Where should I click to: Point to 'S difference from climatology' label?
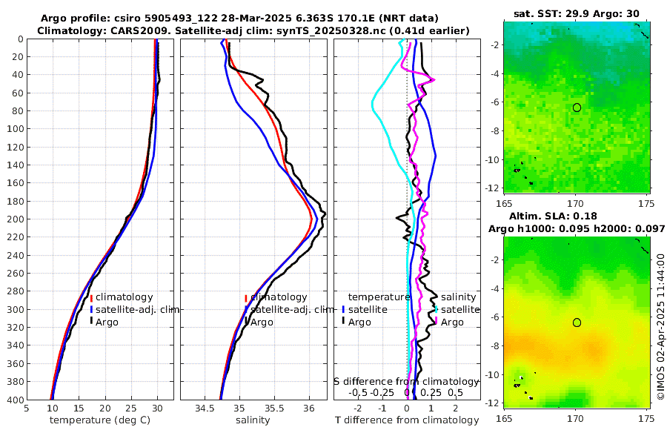tap(407, 381)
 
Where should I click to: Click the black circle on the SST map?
tap(577, 107)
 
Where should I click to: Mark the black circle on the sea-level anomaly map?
tap(577, 322)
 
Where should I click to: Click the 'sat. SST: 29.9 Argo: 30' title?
tap(576, 13)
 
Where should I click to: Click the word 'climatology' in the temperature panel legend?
tap(124, 297)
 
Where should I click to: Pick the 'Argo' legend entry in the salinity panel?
tap(262, 322)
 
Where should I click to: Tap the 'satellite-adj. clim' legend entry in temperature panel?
tap(137, 309)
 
